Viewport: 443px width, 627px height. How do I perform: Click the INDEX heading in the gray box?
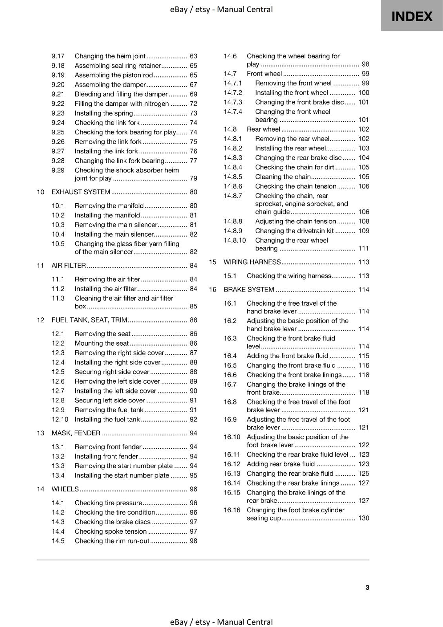[x=412, y=16]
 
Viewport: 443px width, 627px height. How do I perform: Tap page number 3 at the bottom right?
[x=367, y=587]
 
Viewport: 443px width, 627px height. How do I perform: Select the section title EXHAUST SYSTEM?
[x=81, y=192]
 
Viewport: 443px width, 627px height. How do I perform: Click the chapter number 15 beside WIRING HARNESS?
[x=212, y=262]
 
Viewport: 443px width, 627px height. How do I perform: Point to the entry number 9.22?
[x=58, y=104]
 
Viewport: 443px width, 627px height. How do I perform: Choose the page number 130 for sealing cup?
[x=363, y=518]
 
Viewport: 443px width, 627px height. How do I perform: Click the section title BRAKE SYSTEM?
[x=249, y=290]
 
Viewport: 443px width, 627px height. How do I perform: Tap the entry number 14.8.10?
[x=235, y=241]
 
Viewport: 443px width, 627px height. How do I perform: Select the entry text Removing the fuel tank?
[x=109, y=410]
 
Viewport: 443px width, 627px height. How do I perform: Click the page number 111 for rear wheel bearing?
[x=363, y=248]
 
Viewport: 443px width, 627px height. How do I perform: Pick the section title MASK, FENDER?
[x=76, y=433]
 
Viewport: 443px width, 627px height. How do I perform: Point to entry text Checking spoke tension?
[x=111, y=531]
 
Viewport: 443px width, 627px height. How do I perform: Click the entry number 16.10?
[x=232, y=437]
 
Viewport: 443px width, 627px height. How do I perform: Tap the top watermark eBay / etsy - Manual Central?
[x=221, y=9]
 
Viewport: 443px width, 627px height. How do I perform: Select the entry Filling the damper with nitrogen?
[x=122, y=104]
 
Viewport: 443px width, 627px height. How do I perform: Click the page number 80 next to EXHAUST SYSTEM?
[x=193, y=192]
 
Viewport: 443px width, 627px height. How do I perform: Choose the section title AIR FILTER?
[x=69, y=266]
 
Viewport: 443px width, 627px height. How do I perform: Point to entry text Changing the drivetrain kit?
[x=294, y=231]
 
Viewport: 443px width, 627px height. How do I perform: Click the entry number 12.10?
[x=60, y=419]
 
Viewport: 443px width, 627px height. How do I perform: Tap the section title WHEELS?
[x=65, y=489]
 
